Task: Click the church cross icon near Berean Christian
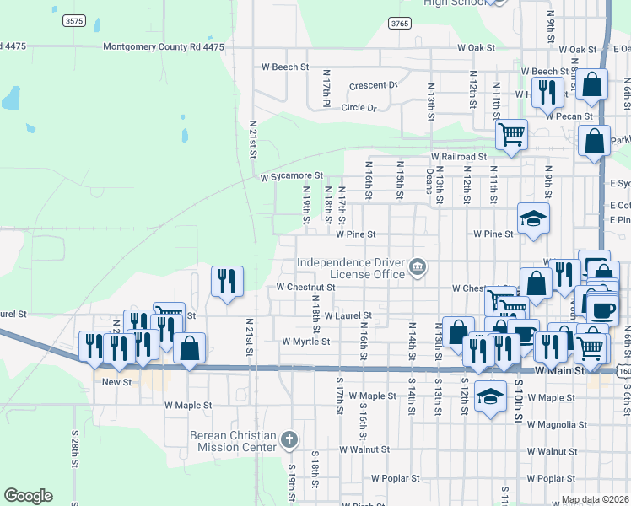coord(289,439)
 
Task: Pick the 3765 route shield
coord(400,24)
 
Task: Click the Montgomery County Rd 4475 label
coord(164,47)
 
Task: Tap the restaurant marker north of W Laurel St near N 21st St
coord(226,282)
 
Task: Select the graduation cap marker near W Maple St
coord(490,396)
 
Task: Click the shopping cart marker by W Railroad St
coord(511,133)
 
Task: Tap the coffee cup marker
coord(601,308)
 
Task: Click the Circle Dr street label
coord(364,108)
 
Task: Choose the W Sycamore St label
coord(291,177)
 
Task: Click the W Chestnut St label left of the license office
coord(306,288)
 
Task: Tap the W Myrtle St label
coord(305,342)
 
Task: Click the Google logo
coord(28,496)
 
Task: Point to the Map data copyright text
coord(594,499)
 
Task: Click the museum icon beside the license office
coord(417,269)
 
